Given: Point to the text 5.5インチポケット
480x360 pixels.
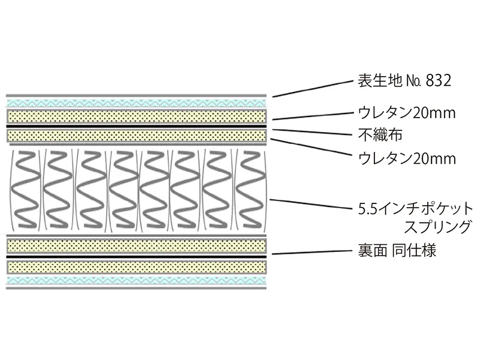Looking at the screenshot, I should [414, 209].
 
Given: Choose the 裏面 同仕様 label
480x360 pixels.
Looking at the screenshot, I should [394, 250].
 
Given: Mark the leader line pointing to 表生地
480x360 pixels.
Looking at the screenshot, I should [312, 88].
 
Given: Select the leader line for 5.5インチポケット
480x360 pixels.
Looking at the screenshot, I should [312, 203].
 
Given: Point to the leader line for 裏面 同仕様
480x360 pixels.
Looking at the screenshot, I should [312, 252].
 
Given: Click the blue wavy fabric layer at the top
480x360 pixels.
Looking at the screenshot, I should [137, 103].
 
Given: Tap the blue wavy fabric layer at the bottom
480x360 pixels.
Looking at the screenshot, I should [137, 280].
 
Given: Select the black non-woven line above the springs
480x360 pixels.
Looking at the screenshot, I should [137, 127].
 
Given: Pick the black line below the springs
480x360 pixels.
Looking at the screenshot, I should [137, 256].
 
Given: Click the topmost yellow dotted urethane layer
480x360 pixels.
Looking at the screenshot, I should [137, 115].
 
